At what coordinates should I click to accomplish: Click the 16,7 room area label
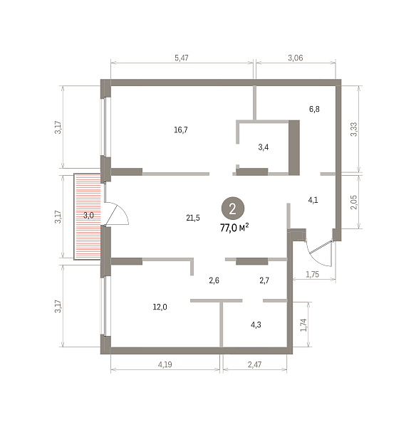coord(181,130)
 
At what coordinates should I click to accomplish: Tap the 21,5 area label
coord(193,218)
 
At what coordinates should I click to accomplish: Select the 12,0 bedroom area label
coord(160,307)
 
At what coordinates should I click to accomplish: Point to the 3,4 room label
coord(264,147)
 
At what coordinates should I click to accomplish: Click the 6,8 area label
coord(314,109)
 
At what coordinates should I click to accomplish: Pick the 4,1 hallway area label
coord(313,200)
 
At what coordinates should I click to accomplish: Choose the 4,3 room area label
coord(256,325)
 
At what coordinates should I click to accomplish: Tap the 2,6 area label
coord(214,280)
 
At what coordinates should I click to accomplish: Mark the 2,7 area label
coord(264,280)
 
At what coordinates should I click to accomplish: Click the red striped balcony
coord(88,217)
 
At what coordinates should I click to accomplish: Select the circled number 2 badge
coord(233,209)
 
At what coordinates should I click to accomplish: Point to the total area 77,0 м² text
coord(234,228)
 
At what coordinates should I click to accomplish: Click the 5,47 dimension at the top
coord(181,58)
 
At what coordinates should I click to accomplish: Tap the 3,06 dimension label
coord(296,58)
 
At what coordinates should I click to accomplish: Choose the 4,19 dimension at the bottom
coord(165,364)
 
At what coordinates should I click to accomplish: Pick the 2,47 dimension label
coord(254,364)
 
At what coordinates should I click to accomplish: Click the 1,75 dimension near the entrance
coord(313,275)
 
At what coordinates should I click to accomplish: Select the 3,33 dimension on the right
coord(353,130)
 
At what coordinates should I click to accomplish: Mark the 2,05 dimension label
coord(353,202)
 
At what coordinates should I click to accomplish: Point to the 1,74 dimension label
coord(303,325)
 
